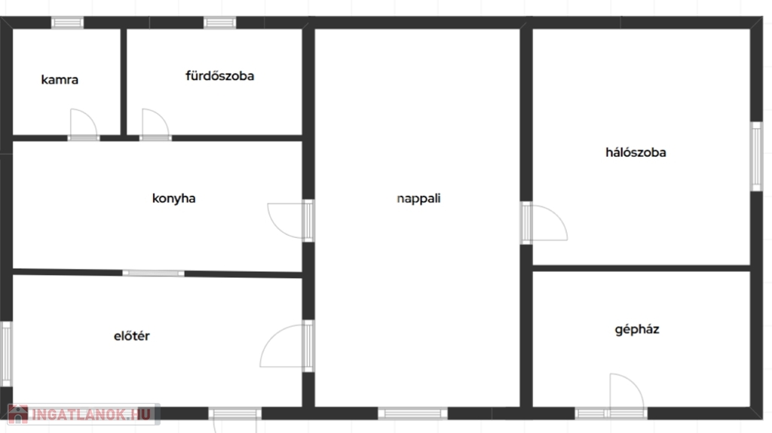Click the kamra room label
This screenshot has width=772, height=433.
point(60,80)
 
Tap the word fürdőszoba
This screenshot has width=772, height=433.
point(219,76)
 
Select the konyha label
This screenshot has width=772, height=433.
point(174,198)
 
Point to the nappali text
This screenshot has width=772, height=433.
point(418,199)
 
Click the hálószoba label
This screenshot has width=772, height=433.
point(636,152)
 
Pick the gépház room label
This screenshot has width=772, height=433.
point(636,329)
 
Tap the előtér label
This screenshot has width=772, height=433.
point(131,336)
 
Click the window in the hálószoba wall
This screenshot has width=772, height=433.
point(756,157)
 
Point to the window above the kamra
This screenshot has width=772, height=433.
point(67,23)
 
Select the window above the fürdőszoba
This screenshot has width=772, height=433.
point(219,23)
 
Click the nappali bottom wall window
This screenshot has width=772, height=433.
point(412,413)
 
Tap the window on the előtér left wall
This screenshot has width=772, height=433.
point(6,354)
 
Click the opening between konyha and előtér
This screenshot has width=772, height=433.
point(153,273)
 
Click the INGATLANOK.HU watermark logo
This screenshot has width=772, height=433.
point(83,414)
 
